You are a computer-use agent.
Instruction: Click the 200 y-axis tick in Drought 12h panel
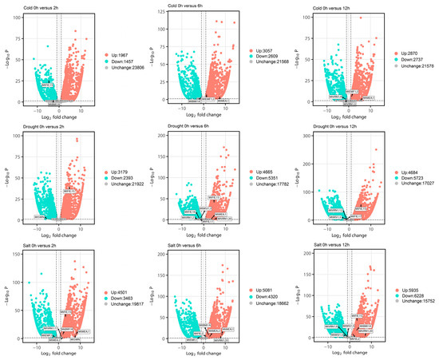[313, 136]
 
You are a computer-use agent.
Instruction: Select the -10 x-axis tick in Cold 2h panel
[38, 109]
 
